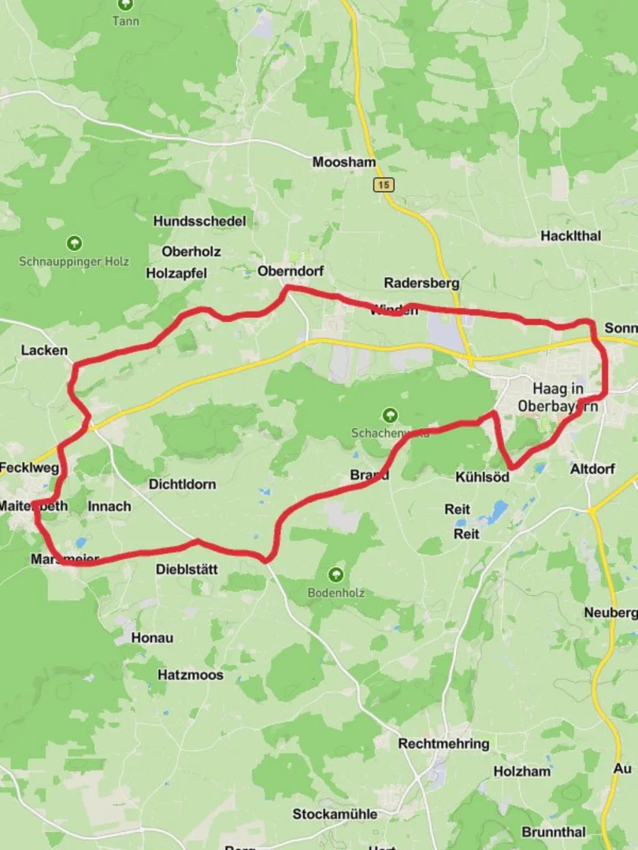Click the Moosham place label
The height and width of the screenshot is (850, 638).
pos(343,162)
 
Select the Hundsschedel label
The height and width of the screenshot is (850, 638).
pos(199,221)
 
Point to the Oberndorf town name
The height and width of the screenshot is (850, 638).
pos(291,271)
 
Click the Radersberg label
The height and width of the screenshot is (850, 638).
pos(421,283)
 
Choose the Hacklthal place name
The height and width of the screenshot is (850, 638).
pos(570,235)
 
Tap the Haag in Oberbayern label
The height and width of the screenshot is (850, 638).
pos(558,397)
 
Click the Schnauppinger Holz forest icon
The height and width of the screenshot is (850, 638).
pos(74,243)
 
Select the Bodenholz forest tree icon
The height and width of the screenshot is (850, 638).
pos(336,575)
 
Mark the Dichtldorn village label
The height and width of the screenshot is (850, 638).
pos(182,484)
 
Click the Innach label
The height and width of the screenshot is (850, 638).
pos(109,506)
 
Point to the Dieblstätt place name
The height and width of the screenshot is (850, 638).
pos(187,569)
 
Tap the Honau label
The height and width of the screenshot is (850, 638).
pos(152,637)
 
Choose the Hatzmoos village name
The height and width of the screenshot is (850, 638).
pos(190,674)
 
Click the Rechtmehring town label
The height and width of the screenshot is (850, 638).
pos(443,743)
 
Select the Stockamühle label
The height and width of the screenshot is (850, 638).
pos(335,814)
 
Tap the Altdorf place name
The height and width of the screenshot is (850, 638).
pos(592,469)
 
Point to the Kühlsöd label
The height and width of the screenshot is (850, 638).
pos(482,477)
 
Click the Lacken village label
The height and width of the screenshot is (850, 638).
pos(44,350)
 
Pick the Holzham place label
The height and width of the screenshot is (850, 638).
pos(521,771)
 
